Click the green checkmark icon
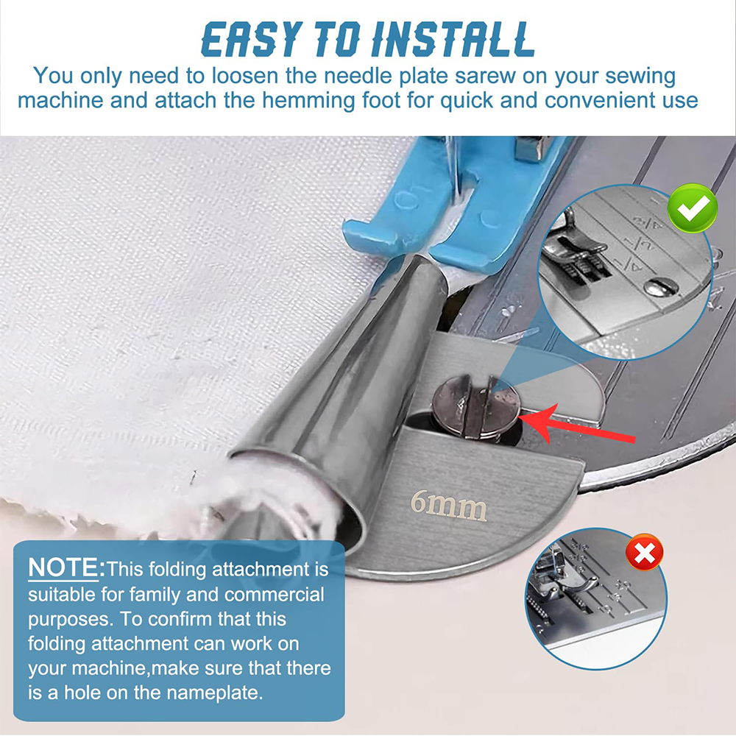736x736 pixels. click(x=693, y=208)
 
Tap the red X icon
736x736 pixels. click(x=645, y=552)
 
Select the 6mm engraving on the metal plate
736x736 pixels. click(x=448, y=506)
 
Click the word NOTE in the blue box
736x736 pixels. click(x=63, y=567)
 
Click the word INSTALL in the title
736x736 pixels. click(x=453, y=40)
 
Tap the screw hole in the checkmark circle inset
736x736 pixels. click(x=657, y=287)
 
